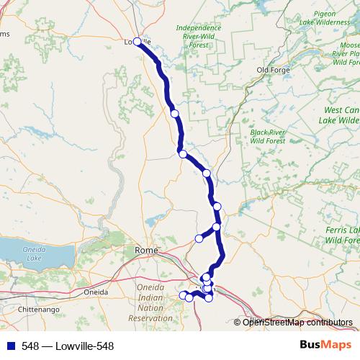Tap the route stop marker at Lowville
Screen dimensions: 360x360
tap(138, 42)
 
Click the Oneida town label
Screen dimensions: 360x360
tap(96, 292)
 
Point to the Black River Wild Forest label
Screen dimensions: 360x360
tap(268, 137)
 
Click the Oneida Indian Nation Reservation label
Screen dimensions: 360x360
tap(150, 302)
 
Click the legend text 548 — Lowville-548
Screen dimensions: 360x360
tap(68, 346)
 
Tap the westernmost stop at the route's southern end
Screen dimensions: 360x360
tap(183, 295)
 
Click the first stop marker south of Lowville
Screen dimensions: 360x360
tap(174, 113)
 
